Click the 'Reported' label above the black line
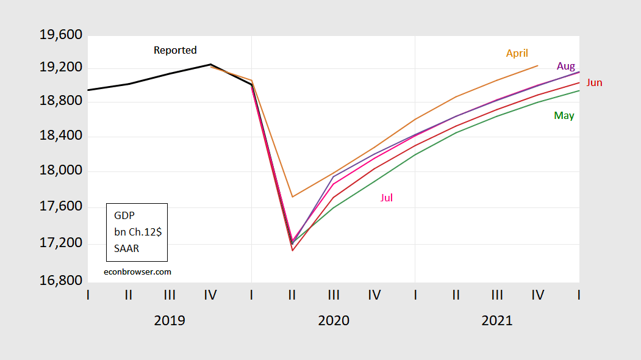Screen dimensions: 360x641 [175, 50]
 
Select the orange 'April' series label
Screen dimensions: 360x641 [517, 53]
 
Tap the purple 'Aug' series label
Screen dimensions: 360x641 [565, 66]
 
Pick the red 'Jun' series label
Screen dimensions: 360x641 [594, 82]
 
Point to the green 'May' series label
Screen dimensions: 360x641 [564, 115]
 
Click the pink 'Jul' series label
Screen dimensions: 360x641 [387, 197]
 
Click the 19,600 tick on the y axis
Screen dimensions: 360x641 [60, 35]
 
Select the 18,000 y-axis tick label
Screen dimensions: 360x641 [60, 171]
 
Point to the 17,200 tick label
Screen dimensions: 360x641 [60, 243]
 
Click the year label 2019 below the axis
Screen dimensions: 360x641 [170, 320]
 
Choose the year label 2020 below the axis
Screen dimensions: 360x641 [334, 320]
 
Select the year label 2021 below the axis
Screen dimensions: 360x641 [497, 320]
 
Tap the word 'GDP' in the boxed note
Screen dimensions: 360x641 [124, 215]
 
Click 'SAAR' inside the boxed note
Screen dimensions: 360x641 [127, 248]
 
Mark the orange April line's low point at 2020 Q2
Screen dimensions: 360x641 [293, 196]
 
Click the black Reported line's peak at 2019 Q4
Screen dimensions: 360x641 [210, 64]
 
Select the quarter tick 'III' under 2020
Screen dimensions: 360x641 [334, 295]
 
